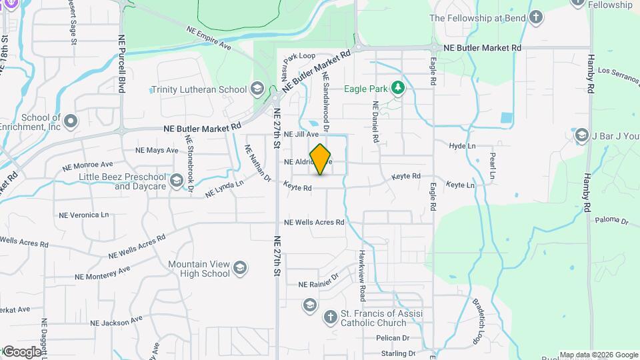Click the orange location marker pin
(321, 159)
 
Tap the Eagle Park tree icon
(398, 88)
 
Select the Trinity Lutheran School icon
(257, 89)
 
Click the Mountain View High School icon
(240, 269)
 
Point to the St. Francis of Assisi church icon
(330, 317)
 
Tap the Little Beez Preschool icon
(177, 181)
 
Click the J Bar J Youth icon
(581, 136)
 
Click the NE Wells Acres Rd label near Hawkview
(314, 222)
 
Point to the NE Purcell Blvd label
(121, 64)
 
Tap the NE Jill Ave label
(301, 134)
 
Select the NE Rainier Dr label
(319, 285)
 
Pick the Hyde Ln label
(462, 145)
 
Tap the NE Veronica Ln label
(83, 215)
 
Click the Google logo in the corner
(22, 351)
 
